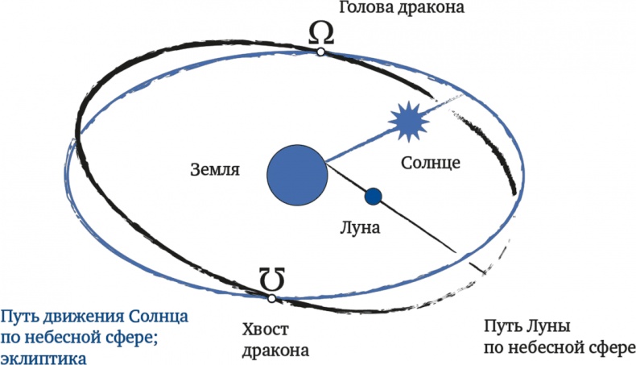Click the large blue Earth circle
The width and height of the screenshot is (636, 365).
tap(297, 175)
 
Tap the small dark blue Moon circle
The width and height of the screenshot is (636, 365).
tap(374, 197)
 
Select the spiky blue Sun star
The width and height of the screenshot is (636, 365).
tap(408, 122)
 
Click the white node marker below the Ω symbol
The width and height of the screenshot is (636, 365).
tap(321, 52)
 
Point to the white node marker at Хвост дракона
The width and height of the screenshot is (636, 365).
tap(272, 298)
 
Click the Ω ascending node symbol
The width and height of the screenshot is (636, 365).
tap(321, 33)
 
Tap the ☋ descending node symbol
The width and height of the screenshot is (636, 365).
tap(272, 280)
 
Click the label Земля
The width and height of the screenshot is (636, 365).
tap(215, 170)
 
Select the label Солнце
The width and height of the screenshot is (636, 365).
tap(431, 163)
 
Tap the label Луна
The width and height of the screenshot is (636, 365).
tap(360, 227)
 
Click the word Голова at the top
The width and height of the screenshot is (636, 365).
tap(365, 7)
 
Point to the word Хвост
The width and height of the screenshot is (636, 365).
tap(266, 329)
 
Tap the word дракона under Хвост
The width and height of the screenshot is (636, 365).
tap(275, 350)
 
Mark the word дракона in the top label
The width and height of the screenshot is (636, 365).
tap(431, 7)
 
